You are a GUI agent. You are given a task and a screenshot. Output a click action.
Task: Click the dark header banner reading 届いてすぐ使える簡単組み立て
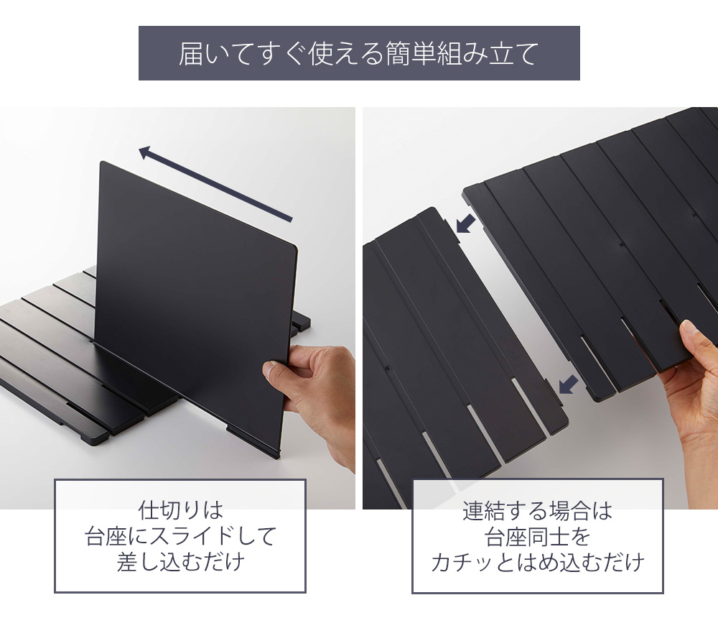[359, 53]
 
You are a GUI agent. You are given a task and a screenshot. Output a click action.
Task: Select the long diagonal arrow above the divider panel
[215, 184]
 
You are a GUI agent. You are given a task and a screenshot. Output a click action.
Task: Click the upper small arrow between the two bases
[466, 224]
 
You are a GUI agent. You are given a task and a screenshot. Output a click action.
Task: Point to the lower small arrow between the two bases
[568, 384]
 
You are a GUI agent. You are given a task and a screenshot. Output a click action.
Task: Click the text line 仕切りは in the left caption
[180, 510]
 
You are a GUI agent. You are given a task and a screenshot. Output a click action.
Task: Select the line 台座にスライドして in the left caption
[180, 536]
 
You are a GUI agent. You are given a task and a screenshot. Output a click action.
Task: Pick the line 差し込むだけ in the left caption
[180, 562]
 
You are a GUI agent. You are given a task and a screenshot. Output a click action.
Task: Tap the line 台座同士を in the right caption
[538, 537]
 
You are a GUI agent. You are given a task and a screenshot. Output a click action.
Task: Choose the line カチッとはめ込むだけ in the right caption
[538, 563]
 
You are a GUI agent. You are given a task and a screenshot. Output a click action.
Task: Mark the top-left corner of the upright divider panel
[101, 162]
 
